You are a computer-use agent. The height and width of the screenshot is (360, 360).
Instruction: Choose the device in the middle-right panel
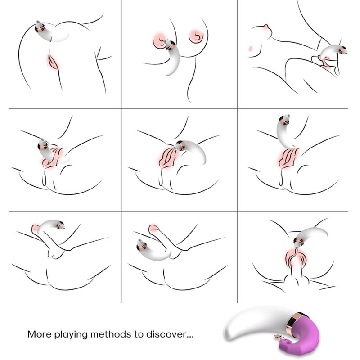[x=286, y=133]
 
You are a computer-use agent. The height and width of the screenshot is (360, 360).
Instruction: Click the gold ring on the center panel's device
[x=180, y=145]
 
